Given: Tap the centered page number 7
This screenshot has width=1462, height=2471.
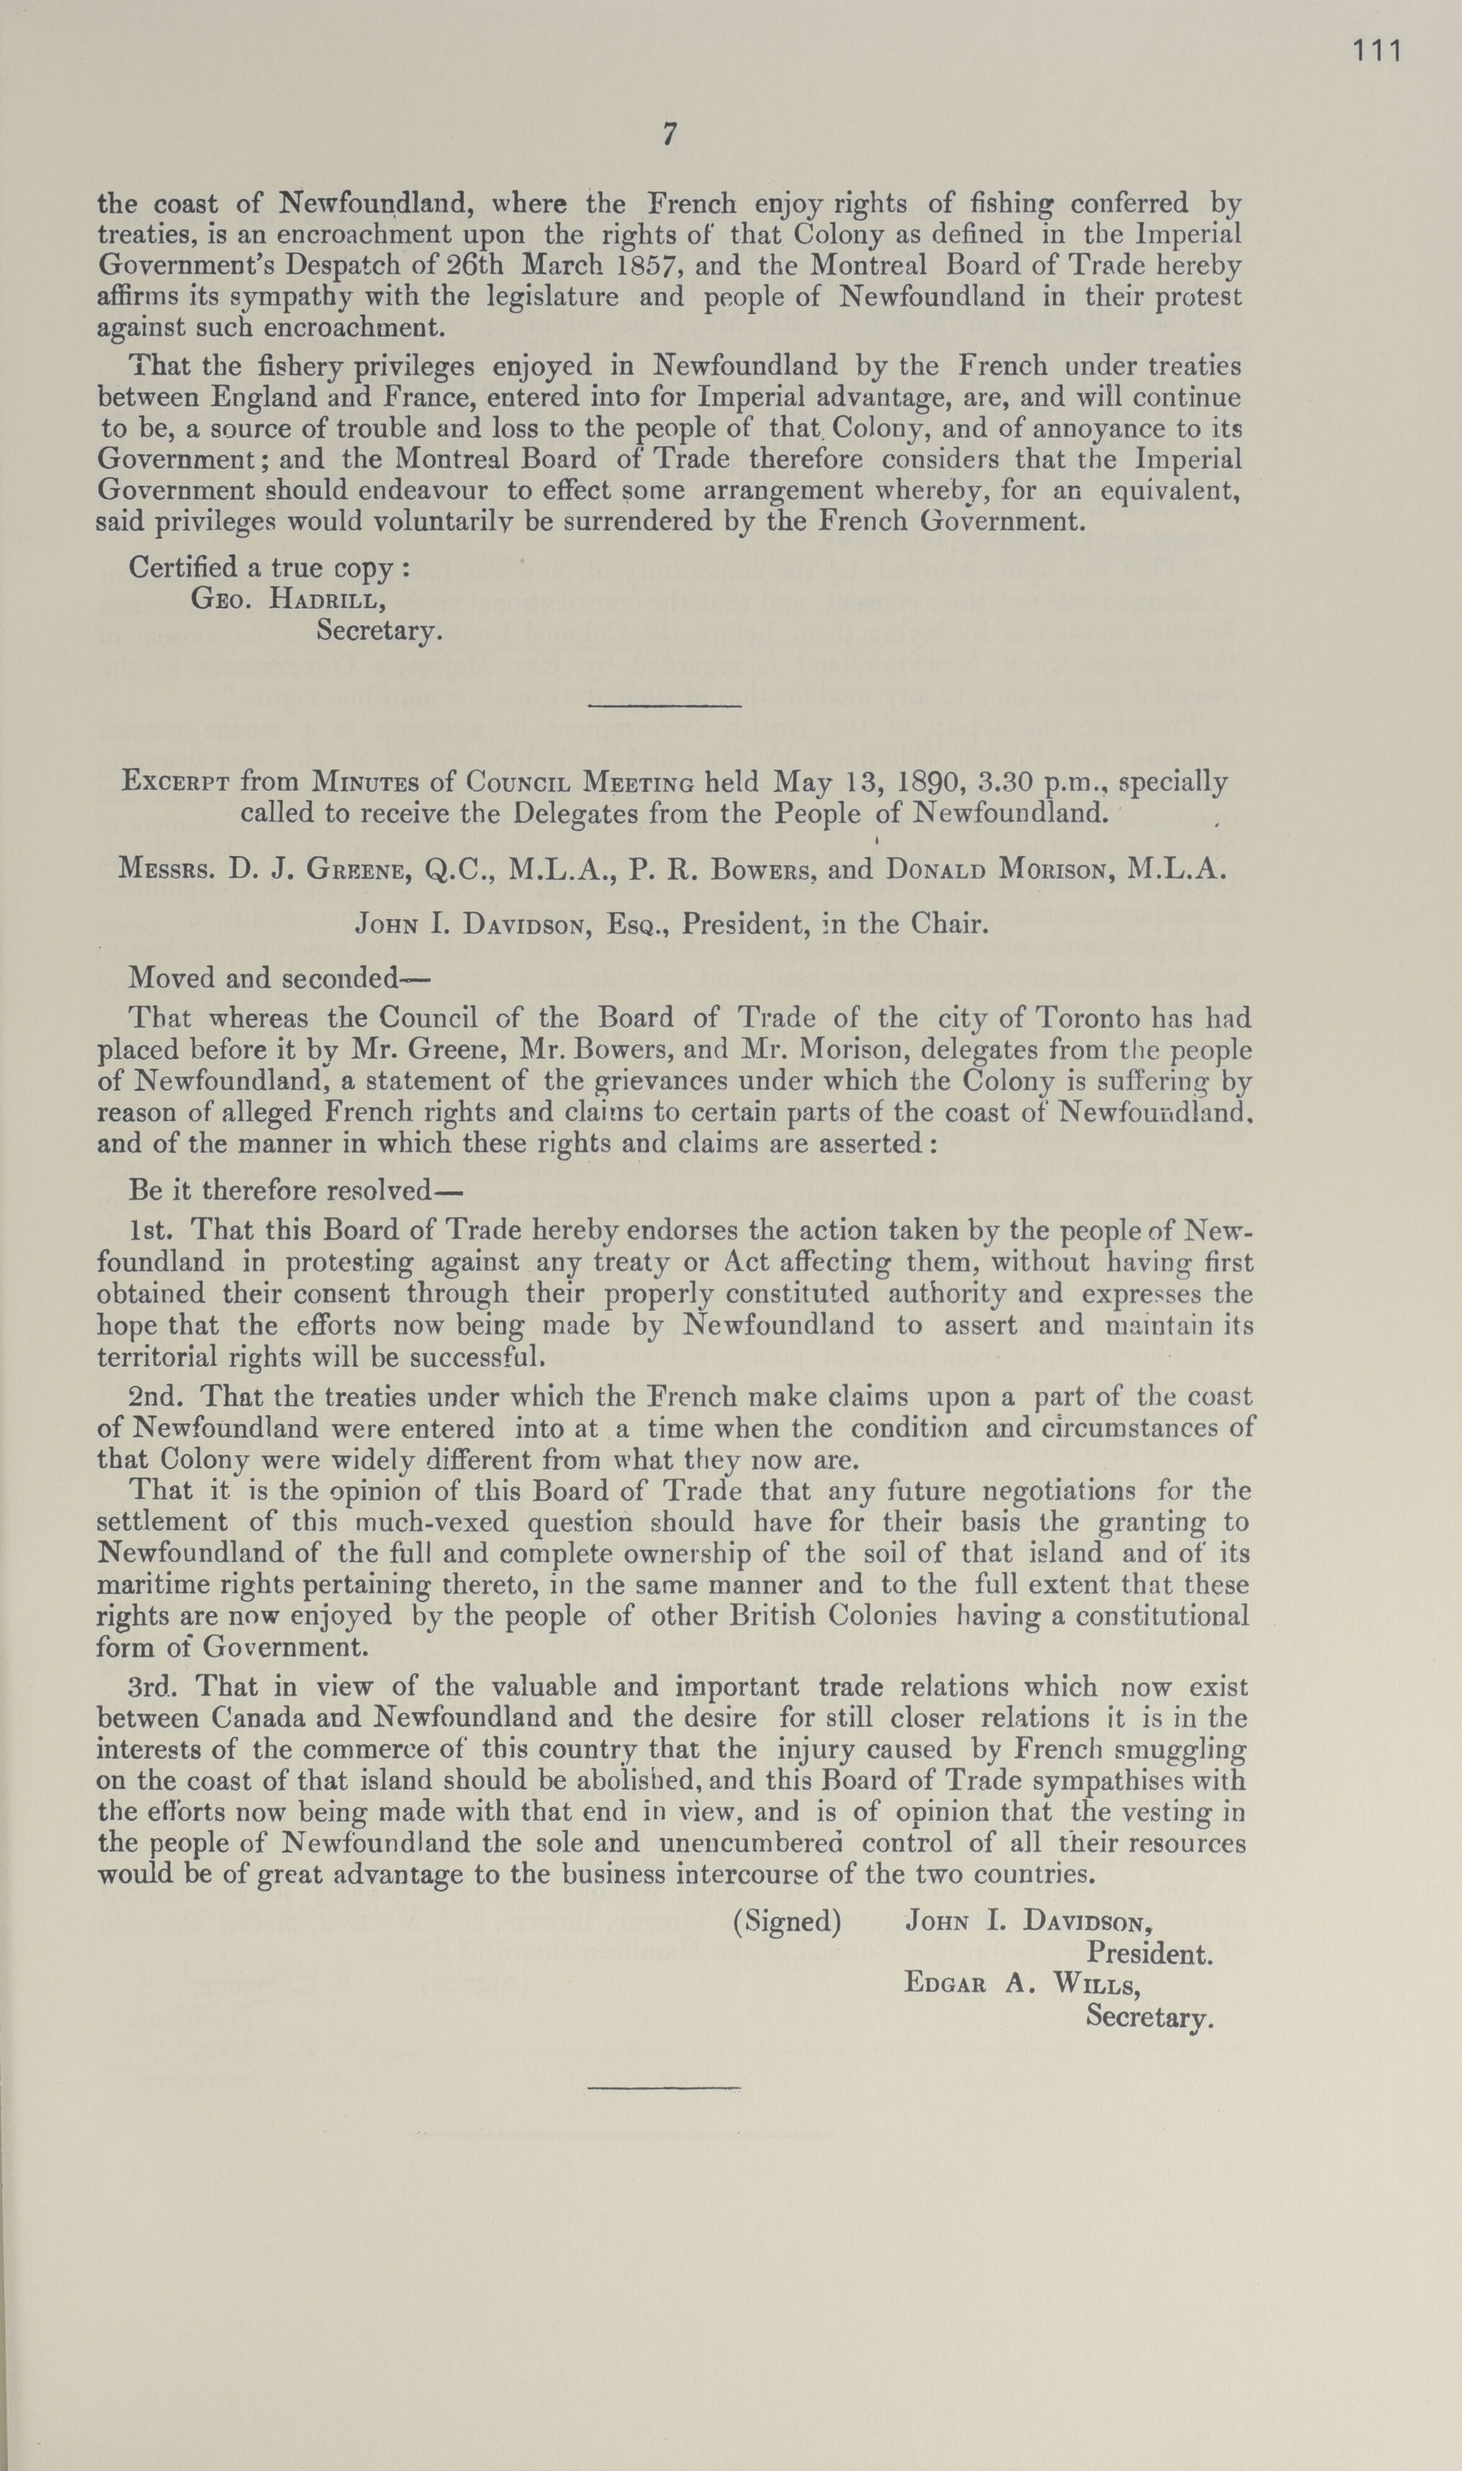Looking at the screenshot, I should [669, 135].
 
